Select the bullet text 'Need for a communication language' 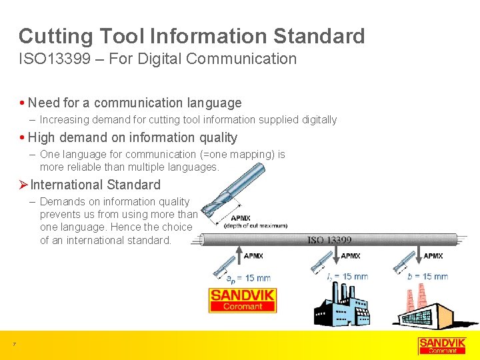[x=135, y=103]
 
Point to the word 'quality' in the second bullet [x=214, y=137]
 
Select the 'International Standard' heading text [x=95, y=185]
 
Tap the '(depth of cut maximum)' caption [x=255, y=226]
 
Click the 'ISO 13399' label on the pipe [x=329, y=240]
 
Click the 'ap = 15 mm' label [x=247, y=277]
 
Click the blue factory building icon [x=343, y=306]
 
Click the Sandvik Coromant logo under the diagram [x=243, y=300]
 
